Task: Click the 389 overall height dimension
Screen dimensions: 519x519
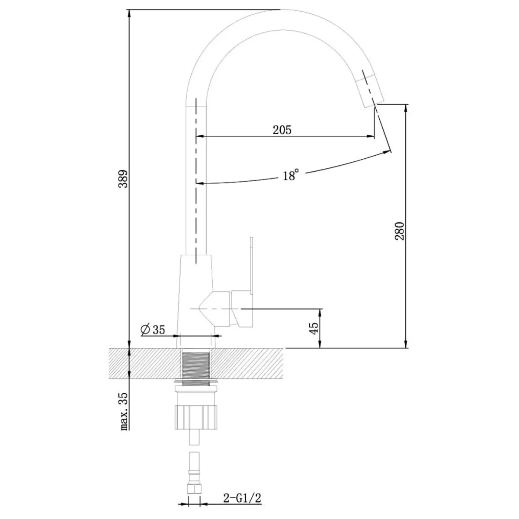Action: coord(124,179)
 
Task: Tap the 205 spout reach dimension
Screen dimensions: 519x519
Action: coord(282,130)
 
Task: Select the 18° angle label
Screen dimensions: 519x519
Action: coord(291,175)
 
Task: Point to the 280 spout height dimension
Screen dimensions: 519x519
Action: coord(400,231)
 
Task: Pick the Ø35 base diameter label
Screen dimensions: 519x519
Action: coord(153,330)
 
